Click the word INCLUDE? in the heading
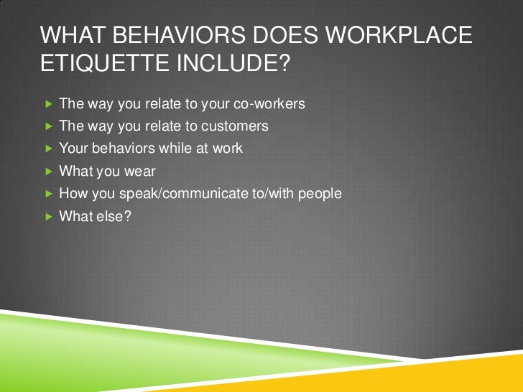tap(233, 68)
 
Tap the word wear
tap(139, 171)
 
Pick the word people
tap(319, 193)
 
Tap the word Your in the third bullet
tap(72, 149)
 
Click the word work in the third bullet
tap(229, 149)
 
